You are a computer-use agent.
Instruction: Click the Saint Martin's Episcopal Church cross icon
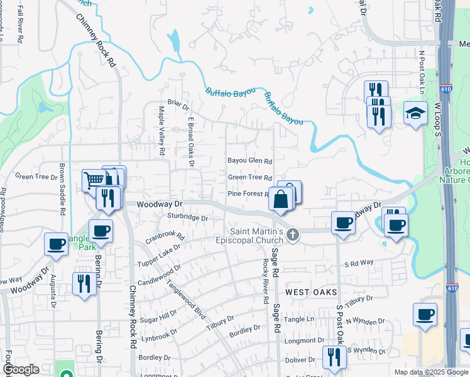point(292,236)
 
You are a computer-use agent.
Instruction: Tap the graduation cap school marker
point(415,114)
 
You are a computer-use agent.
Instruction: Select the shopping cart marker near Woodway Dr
point(94,181)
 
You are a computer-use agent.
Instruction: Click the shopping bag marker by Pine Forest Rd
point(281,199)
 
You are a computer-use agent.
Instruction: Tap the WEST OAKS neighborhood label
point(312,293)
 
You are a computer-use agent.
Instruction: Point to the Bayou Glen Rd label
point(249,161)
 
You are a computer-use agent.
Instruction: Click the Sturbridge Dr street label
point(187,217)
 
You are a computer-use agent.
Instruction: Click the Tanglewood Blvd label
point(187,295)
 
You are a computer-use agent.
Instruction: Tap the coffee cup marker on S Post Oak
point(344,223)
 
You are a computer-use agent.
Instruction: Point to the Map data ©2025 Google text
point(431,372)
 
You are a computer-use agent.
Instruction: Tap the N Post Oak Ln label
point(422,73)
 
